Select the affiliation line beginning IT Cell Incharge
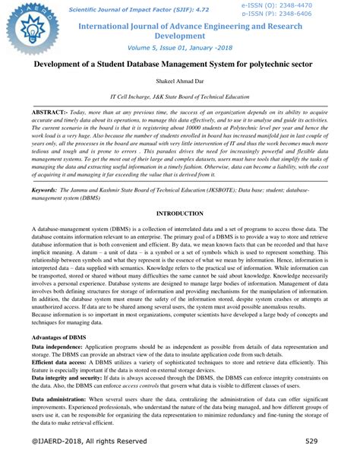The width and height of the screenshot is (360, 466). coord(179,97)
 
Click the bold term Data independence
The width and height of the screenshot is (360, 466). coord(62,347)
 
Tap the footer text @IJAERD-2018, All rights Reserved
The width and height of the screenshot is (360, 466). coord(89,441)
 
